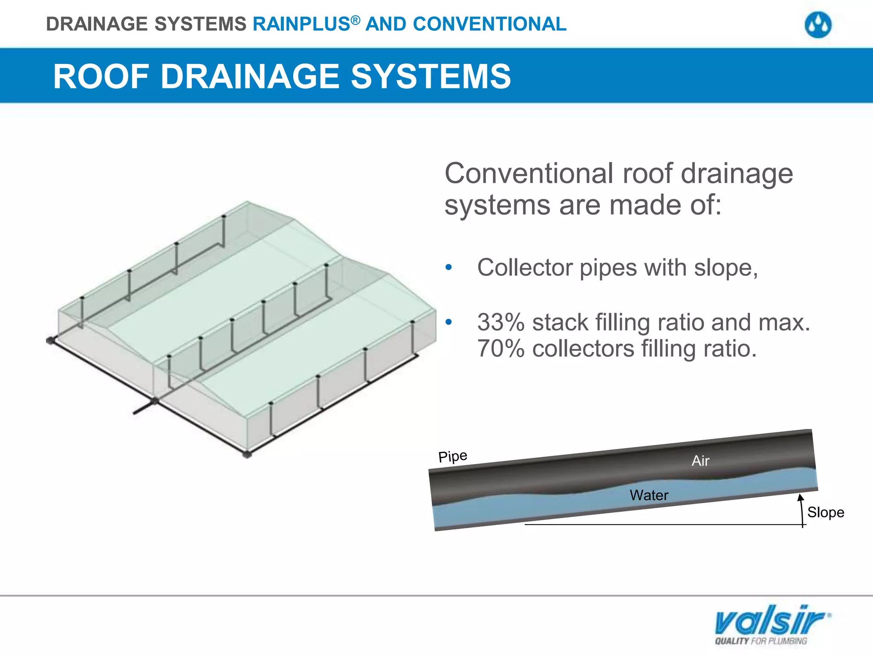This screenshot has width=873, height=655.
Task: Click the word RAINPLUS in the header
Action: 301,24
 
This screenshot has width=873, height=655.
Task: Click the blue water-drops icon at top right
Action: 818,25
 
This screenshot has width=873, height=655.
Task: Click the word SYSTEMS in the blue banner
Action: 431,77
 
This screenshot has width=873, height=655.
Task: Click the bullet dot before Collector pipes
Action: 448,268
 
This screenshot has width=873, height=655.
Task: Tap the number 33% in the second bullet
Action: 500,322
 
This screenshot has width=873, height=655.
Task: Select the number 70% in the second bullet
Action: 500,349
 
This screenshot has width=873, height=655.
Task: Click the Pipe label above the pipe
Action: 453,456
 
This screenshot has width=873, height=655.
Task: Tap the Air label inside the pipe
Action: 700,461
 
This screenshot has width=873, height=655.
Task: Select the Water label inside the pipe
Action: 649,495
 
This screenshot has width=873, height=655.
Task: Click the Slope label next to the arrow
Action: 825,512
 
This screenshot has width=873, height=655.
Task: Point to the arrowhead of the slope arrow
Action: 801,497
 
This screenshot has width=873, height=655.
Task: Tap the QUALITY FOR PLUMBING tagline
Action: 761,641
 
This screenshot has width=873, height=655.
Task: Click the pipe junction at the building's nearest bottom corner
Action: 247,454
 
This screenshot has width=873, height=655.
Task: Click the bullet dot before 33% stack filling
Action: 448,322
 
